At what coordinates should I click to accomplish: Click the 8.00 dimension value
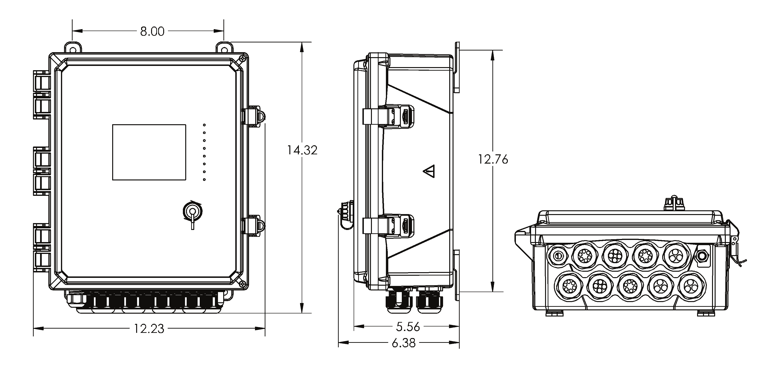coord(152,31)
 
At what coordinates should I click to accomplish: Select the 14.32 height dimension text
coord(302,150)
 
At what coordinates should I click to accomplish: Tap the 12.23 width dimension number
coord(149,329)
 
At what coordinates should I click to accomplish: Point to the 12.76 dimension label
coord(493,159)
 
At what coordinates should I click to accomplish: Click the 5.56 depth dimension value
coord(408,327)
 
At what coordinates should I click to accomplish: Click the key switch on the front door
coord(192,211)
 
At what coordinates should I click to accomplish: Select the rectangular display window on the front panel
coord(149,152)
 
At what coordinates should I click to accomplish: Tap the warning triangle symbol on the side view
coord(429,171)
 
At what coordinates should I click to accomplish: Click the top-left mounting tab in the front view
coord(73,48)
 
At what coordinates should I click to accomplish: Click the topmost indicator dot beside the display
coord(204,125)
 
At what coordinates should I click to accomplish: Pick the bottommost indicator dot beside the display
coord(204,179)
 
